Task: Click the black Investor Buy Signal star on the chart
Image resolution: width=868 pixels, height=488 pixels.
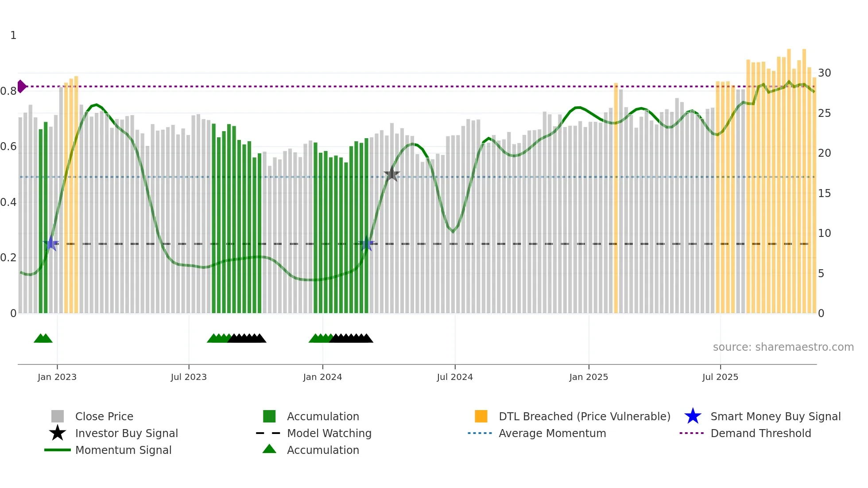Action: point(391,174)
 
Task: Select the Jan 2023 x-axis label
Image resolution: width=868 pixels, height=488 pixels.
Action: point(57,377)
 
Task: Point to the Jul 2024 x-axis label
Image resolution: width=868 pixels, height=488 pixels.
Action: point(455,377)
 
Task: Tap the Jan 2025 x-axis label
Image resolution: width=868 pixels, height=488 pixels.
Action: point(589,377)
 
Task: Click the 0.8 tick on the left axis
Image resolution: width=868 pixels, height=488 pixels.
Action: point(8,91)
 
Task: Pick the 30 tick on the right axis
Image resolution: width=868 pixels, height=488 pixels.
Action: point(824,73)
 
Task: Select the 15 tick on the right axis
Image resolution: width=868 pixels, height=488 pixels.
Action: point(824,194)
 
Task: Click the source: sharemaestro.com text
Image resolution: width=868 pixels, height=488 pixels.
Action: point(783,347)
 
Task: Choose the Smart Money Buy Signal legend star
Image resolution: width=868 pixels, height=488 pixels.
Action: point(693,416)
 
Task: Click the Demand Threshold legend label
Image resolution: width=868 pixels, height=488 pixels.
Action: point(760,433)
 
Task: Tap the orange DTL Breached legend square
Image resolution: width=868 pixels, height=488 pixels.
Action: point(481,416)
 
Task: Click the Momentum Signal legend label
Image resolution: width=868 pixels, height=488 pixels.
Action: point(123,450)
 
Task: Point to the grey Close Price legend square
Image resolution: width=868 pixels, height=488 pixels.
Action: point(58,416)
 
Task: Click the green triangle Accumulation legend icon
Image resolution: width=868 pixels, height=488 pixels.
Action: point(269,449)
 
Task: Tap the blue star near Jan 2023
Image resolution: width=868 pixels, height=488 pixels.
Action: point(51,243)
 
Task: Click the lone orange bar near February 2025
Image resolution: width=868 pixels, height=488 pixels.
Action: point(616,198)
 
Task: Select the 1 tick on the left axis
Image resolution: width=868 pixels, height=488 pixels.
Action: point(13,35)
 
